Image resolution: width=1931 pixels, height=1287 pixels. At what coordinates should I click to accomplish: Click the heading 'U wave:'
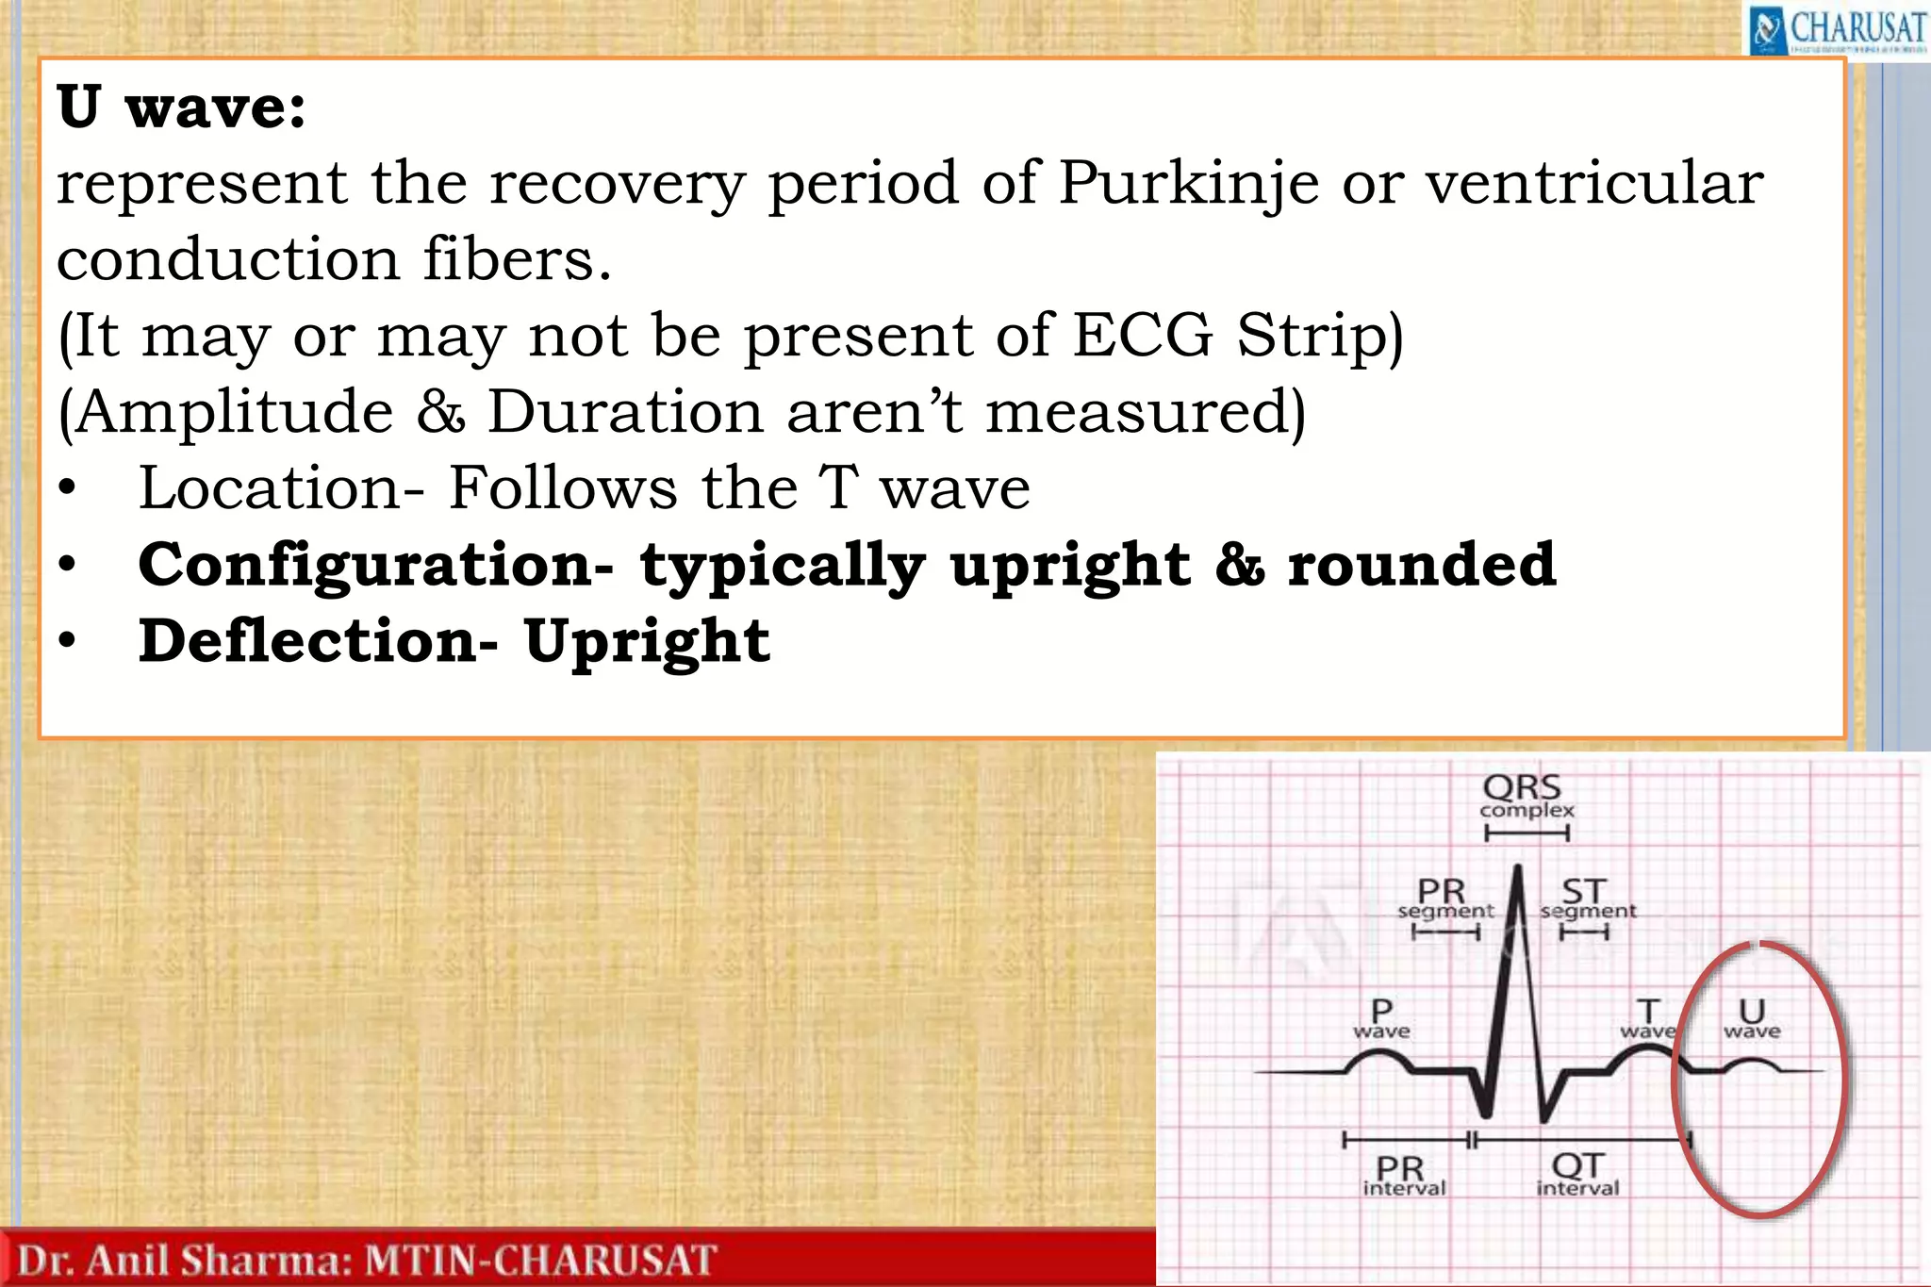coord(181,107)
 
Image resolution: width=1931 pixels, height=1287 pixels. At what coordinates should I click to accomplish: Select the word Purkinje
coord(1188,183)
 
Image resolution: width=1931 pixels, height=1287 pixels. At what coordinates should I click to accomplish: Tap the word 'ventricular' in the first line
coord(1593,183)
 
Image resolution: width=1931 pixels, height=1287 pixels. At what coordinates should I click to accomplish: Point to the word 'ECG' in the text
coord(1142,336)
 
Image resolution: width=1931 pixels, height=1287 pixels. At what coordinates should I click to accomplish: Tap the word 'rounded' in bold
coord(1422,565)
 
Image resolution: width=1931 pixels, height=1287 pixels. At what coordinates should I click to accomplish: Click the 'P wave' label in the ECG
coord(1381,1018)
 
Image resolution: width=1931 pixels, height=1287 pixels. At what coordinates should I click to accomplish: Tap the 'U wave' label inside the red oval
coord(1752,1018)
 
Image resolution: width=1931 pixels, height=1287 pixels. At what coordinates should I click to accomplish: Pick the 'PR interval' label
coord(1403,1176)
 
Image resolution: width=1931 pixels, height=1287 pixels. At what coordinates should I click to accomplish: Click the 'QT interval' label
coord(1577,1176)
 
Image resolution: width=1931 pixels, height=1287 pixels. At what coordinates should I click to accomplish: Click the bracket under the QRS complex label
coord(1527,833)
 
